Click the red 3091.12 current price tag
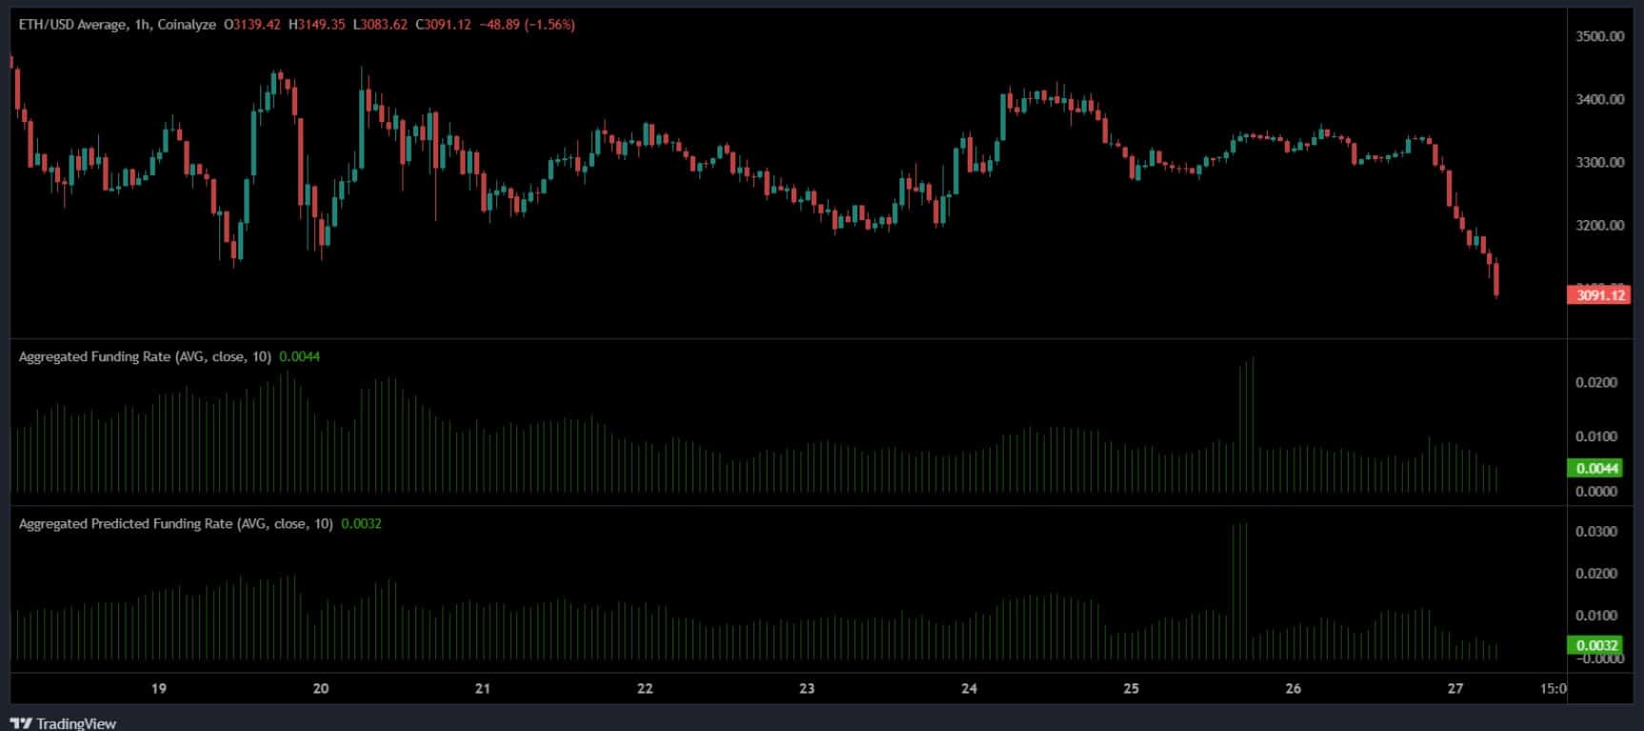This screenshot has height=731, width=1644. (x=1599, y=295)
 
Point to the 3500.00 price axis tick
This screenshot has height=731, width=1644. (x=1600, y=36)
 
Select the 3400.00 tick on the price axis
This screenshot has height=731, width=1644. (x=1600, y=99)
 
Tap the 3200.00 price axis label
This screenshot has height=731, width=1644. (x=1600, y=226)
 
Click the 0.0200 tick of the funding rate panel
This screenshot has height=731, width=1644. (x=1596, y=383)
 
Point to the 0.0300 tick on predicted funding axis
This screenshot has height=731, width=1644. (x=1596, y=532)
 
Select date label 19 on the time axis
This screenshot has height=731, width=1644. (x=159, y=689)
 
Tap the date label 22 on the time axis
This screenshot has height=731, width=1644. (x=645, y=689)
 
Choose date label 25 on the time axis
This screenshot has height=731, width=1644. (x=1131, y=689)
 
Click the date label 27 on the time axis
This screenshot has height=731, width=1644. (x=1454, y=689)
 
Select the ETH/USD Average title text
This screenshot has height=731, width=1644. (x=72, y=25)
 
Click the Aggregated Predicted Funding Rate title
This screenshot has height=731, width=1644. (x=125, y=523)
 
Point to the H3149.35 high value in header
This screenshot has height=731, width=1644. (x=321, y=25)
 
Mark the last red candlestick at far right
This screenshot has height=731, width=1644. (x=1497, y=280)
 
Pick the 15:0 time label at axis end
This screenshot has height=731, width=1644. (x=1553, y=689)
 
